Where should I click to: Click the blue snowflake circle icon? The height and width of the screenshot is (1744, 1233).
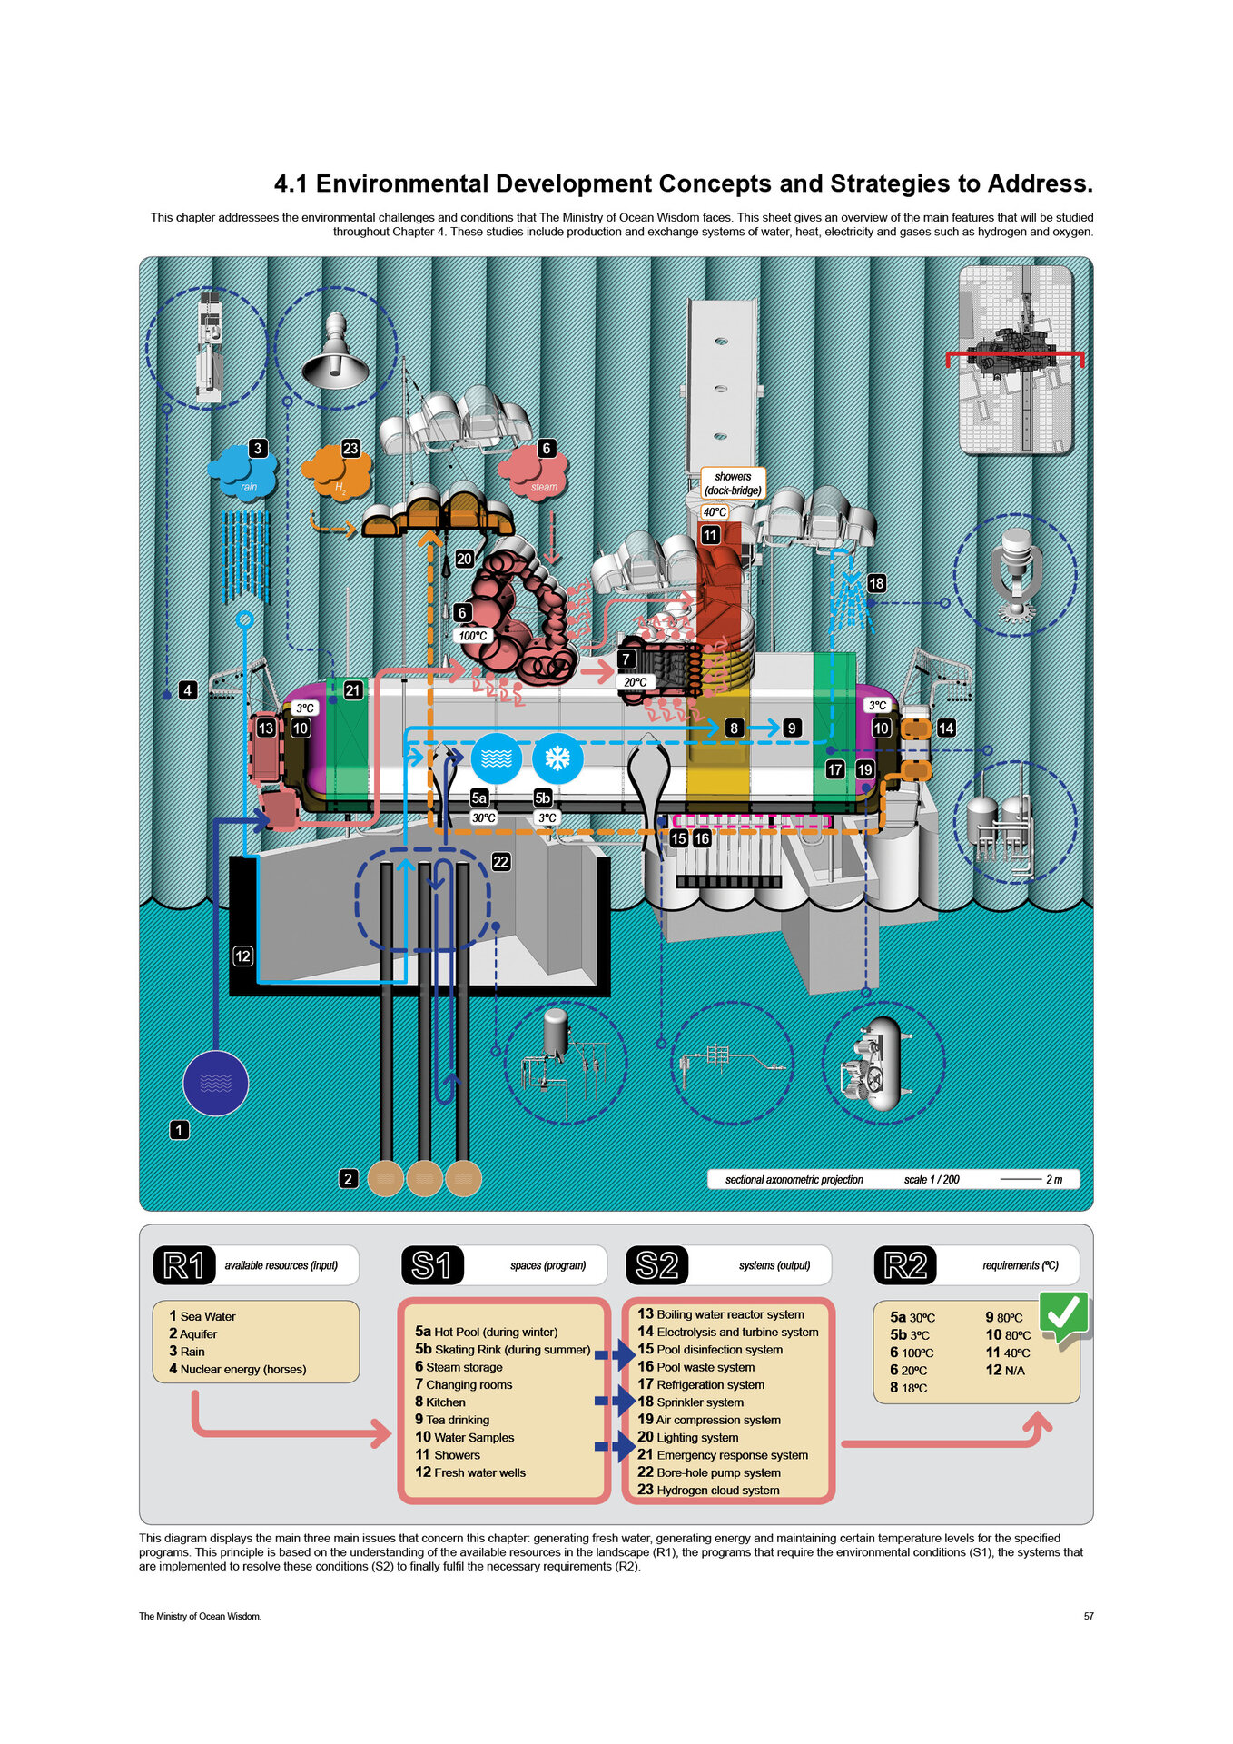pos(557,758)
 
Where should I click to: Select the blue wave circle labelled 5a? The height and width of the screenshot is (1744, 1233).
pos(497,758)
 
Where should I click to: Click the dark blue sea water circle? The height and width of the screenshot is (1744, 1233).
pos(216,1083)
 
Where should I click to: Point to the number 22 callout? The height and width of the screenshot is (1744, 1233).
pos(500,861)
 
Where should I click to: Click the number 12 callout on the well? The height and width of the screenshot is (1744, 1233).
pos(242,956)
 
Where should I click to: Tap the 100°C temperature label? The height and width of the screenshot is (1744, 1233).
pos(473,636)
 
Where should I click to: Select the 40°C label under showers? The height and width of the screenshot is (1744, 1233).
pos(715,512)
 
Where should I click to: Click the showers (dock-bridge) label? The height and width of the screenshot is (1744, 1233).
pos(733,483)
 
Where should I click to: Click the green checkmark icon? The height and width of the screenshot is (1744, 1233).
pos(1063,1314)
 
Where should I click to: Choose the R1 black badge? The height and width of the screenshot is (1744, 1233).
pos(184,1264)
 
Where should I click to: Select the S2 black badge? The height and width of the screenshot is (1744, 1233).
pos(657,1264)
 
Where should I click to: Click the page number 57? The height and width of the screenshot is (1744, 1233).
pos(1088,1616)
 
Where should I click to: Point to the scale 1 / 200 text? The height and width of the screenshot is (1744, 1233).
pos(932,1179)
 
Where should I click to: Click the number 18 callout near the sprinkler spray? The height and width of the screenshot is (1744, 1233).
pos(876,583)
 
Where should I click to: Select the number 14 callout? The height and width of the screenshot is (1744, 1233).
pos(946,728)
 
